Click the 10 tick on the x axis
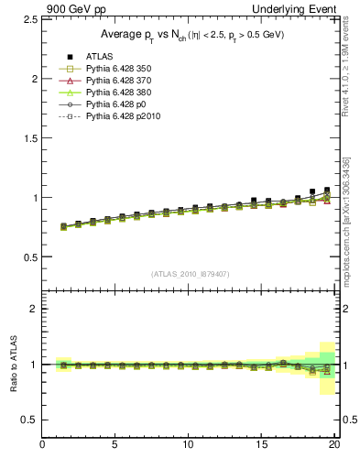pos(189,446)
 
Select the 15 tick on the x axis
pos(262,446)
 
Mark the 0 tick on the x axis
pos(43,446)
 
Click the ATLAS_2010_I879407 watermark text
pos(191,273)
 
